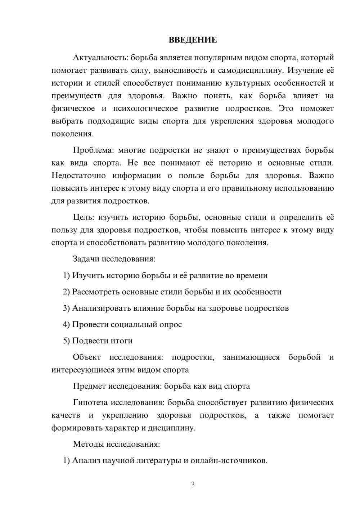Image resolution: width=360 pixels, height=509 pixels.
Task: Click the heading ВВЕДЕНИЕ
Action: tap(193, 40)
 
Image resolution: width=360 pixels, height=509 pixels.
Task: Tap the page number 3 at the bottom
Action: tap(193, 485)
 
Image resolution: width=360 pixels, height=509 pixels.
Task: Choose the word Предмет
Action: tap(90, 386)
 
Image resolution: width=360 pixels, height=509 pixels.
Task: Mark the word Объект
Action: tap(87, 357)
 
